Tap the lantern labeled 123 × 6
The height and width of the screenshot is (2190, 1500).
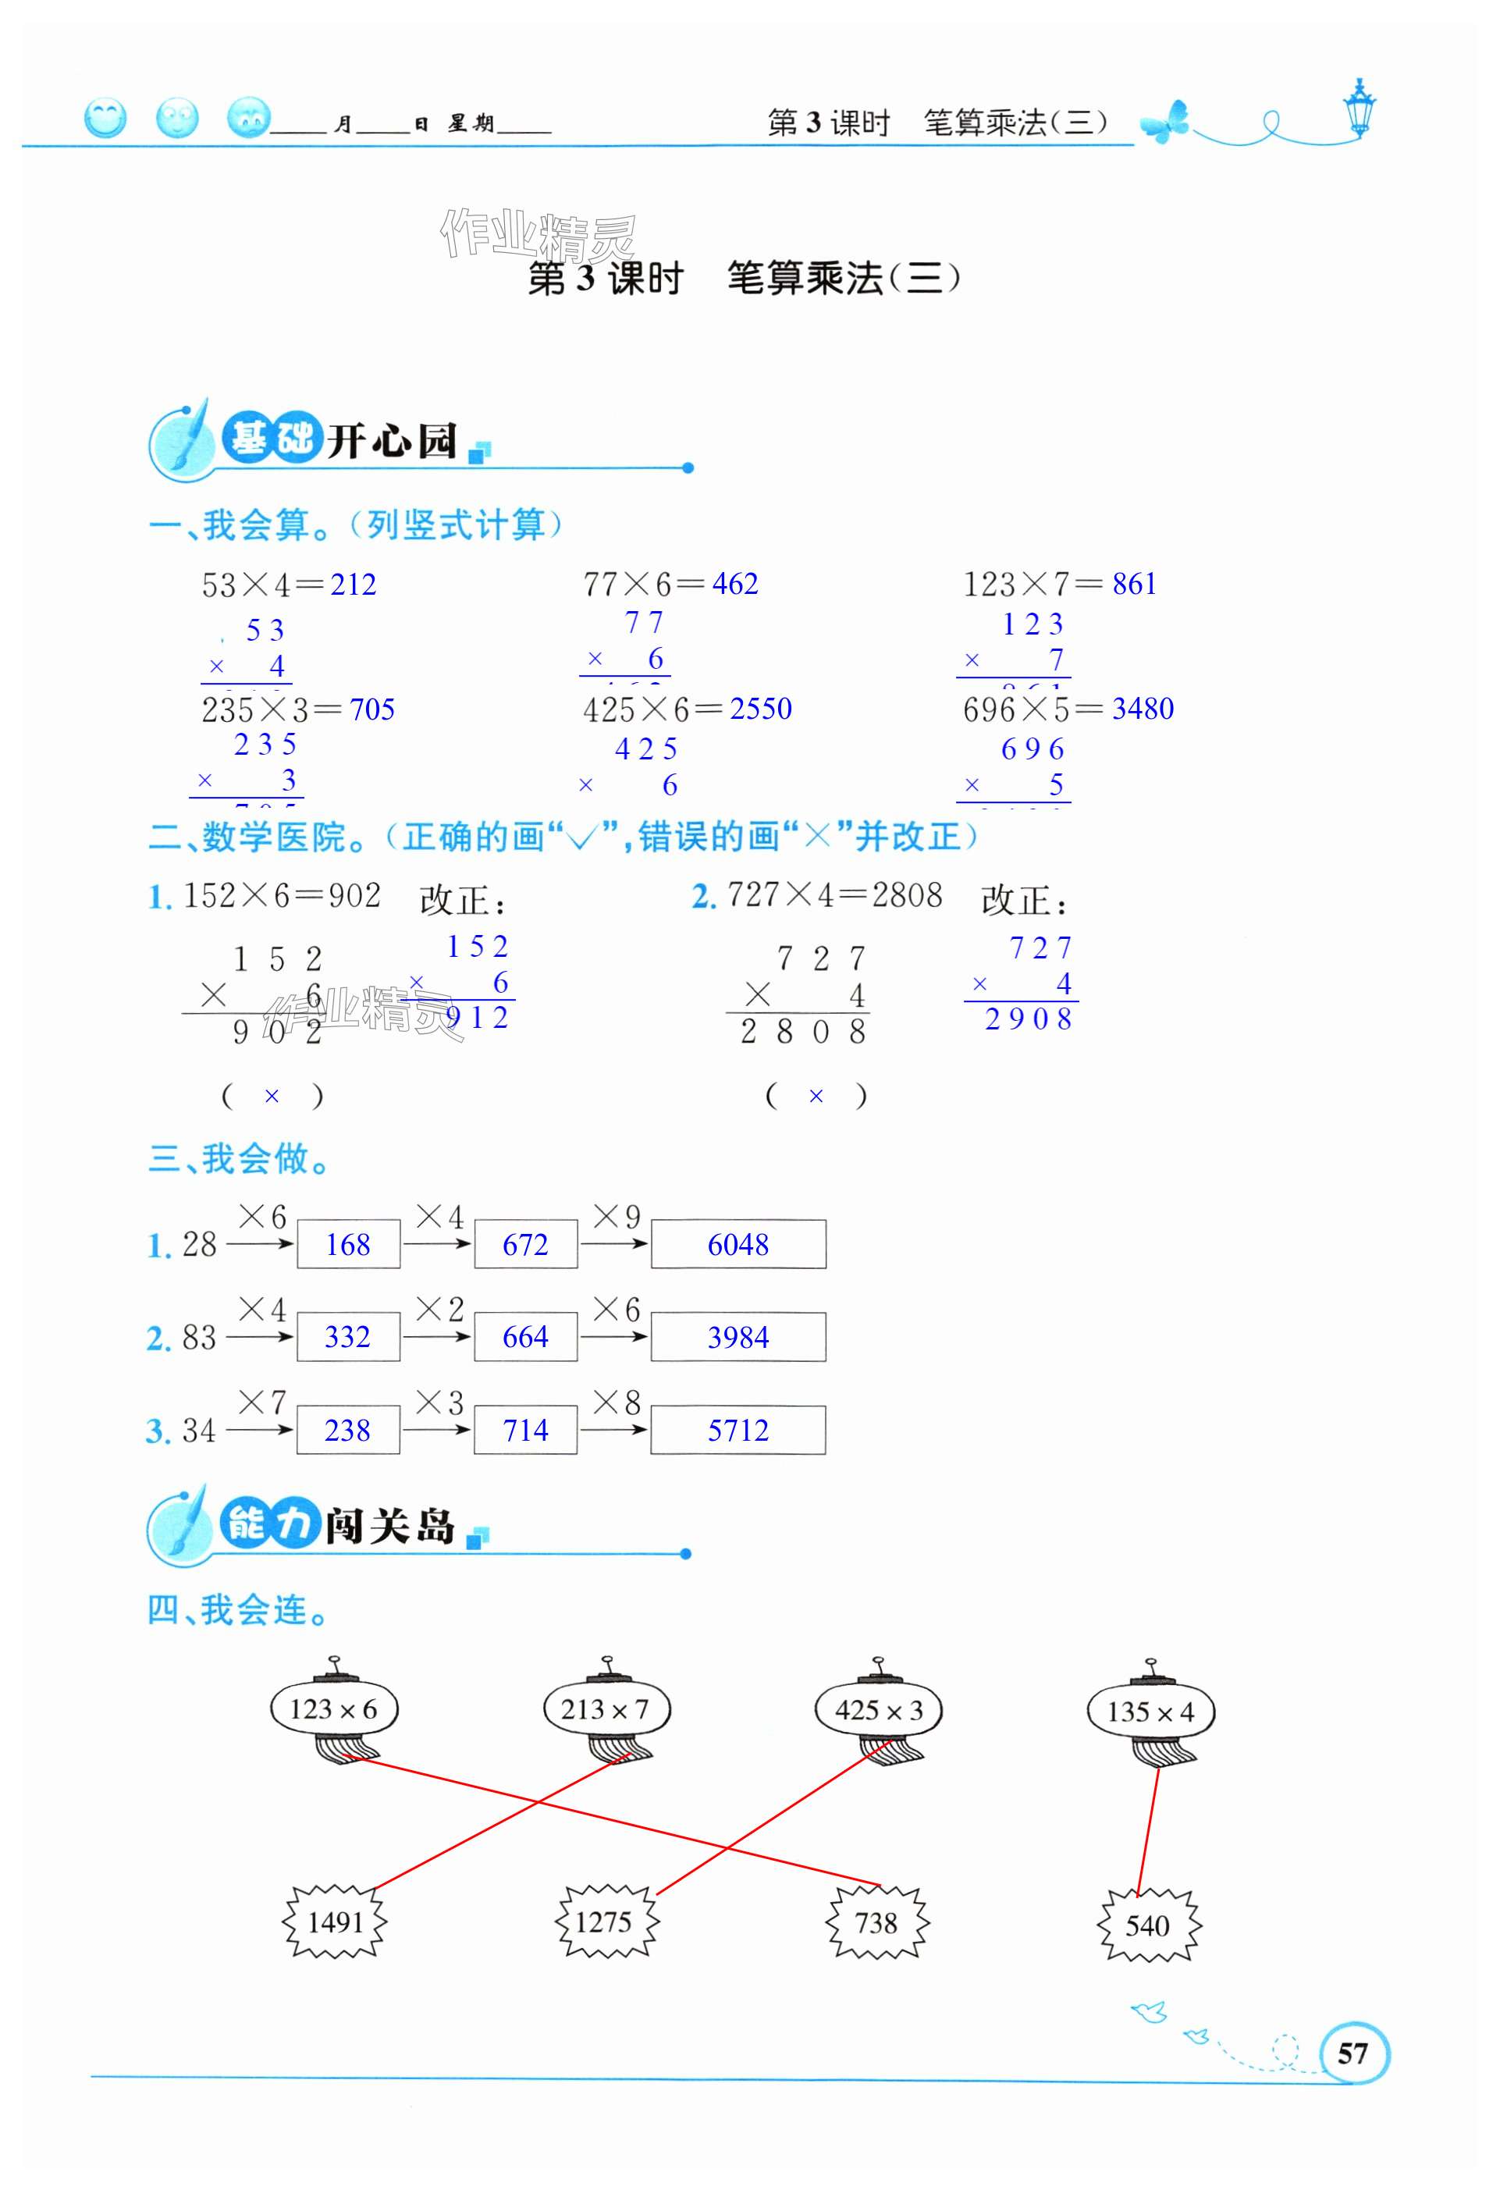pyautogui.click(x=333, y=1709)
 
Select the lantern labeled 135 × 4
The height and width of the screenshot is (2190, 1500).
pyautogui.click(x=1150, y=1712)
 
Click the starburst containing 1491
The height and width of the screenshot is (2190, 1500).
pyautogui.click(x=336, y=1922)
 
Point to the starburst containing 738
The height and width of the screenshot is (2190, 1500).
pyautogui.click(x=876, y=1922)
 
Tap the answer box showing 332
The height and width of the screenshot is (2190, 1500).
pyautogui.click(x=347, y=1337)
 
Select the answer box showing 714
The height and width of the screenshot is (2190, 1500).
pyautogui.click(x=524, y=1431)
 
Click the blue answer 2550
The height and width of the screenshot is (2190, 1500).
pyautogui.click(x=760, y=709)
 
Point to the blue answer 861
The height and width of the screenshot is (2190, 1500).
pyautogui.click(x=1135, y=585)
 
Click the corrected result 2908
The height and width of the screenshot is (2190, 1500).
pyautogui.click(x=1028, y=1019)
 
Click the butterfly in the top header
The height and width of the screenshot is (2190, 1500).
pyautogui.click(x=1165, y=123)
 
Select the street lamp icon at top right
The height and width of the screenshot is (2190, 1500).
pyautogui.click(x=1360, y=108)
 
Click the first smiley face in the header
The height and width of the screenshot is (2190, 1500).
pyautogui.click(x=105, y=119)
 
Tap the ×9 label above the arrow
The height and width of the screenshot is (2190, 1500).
pyautogui.click(x=617, y=1217)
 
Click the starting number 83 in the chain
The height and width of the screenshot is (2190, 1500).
pyautogui.click(x=199, y=1337)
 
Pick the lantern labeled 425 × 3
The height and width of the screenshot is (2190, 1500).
pyautogui.click(x=878, y=1710)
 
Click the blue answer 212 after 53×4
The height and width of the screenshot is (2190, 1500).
pyautogui.click(x=354, y=585)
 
